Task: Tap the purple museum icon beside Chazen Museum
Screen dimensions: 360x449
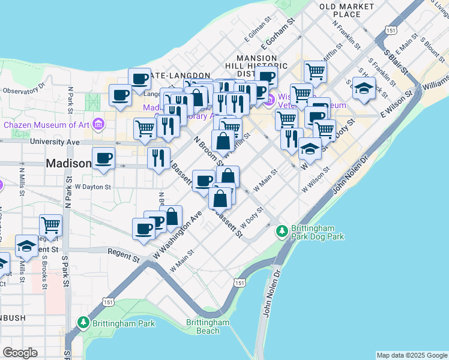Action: [98, 125]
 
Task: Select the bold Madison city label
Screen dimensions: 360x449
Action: [68, 163]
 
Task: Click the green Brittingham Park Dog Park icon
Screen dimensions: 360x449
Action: [282, 230]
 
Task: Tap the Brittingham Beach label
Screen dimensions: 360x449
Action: [207, 326]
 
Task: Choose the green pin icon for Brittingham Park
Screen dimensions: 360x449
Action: [84, 324]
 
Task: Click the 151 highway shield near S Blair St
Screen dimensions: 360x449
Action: [391, 29]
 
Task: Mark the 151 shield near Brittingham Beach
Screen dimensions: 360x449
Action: [240, 282]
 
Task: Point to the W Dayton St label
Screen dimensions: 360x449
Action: [93, 187]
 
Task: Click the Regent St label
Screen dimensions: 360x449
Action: [124, 256]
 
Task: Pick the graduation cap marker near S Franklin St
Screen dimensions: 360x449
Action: [364, 89]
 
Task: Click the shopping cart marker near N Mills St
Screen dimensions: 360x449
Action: [51, 225]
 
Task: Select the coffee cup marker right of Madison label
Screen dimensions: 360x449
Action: [104, 158]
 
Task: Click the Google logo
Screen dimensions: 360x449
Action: [20, 353]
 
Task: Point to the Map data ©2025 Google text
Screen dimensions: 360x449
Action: [412, 355]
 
